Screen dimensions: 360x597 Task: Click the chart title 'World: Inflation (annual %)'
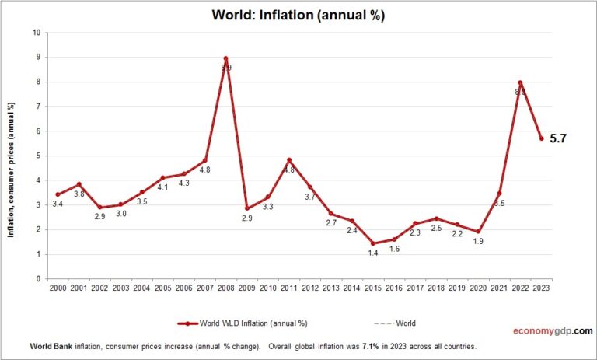point(298,15)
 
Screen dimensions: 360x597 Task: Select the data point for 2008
point(225,58)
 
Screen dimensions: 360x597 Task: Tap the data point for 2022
point(520,82)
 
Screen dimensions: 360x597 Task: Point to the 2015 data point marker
point(372,243)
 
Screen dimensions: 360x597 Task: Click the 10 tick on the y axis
point(37,33)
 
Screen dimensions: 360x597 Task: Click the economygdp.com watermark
point(551,330)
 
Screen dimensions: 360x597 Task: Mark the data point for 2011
point(288,160)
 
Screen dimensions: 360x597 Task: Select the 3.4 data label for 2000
point(58,204)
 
